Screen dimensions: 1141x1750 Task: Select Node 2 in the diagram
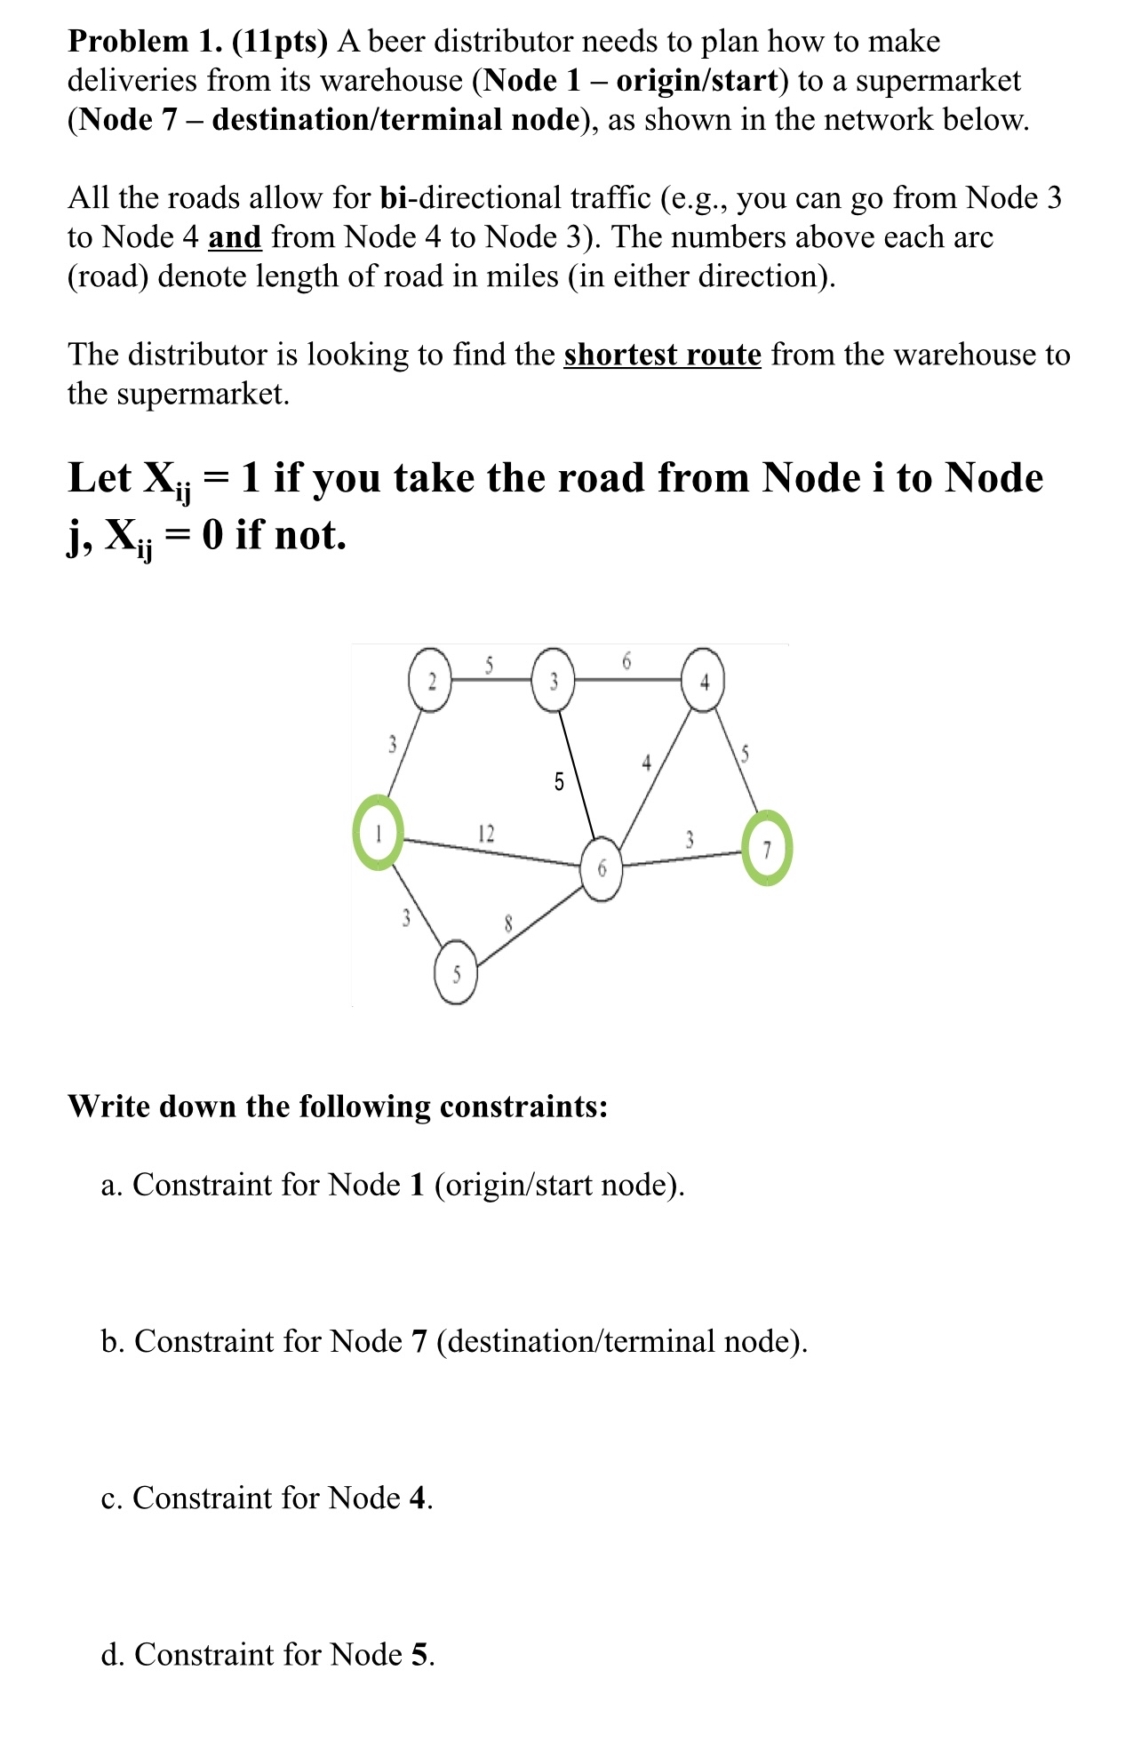[430, 682]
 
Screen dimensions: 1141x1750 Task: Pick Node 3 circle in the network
[553, 682]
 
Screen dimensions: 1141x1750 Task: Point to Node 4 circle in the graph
[704, 683]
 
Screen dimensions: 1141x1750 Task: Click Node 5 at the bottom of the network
[456, 974]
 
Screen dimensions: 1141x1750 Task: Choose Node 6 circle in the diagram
[602, 869]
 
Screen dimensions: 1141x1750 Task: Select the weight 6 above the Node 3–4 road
[626, 660]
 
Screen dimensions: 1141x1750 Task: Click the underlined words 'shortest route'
[662, 355]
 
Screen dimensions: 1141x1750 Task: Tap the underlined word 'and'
[235, 237]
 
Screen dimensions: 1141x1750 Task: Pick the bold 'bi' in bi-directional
[393, 197]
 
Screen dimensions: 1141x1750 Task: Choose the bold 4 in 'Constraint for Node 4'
[418, 1498]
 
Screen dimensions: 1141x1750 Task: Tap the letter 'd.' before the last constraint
[112, 1654]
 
